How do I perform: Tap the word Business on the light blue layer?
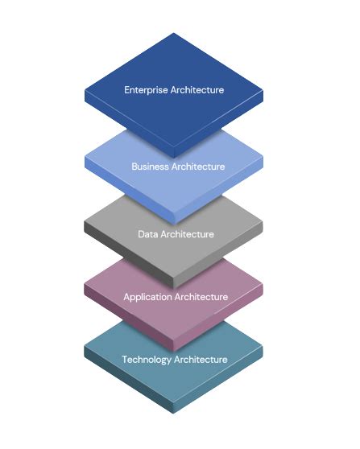(150, 167)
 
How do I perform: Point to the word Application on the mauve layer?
(149, 297)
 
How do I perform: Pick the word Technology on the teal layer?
(148, 359)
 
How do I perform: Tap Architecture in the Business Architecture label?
(197, 167)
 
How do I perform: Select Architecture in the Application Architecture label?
(202, 297)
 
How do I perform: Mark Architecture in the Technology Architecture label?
(201, 359)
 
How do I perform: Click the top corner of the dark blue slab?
(173, 34)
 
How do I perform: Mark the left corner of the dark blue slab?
(85, 90)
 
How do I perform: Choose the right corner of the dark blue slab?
(263, 90)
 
